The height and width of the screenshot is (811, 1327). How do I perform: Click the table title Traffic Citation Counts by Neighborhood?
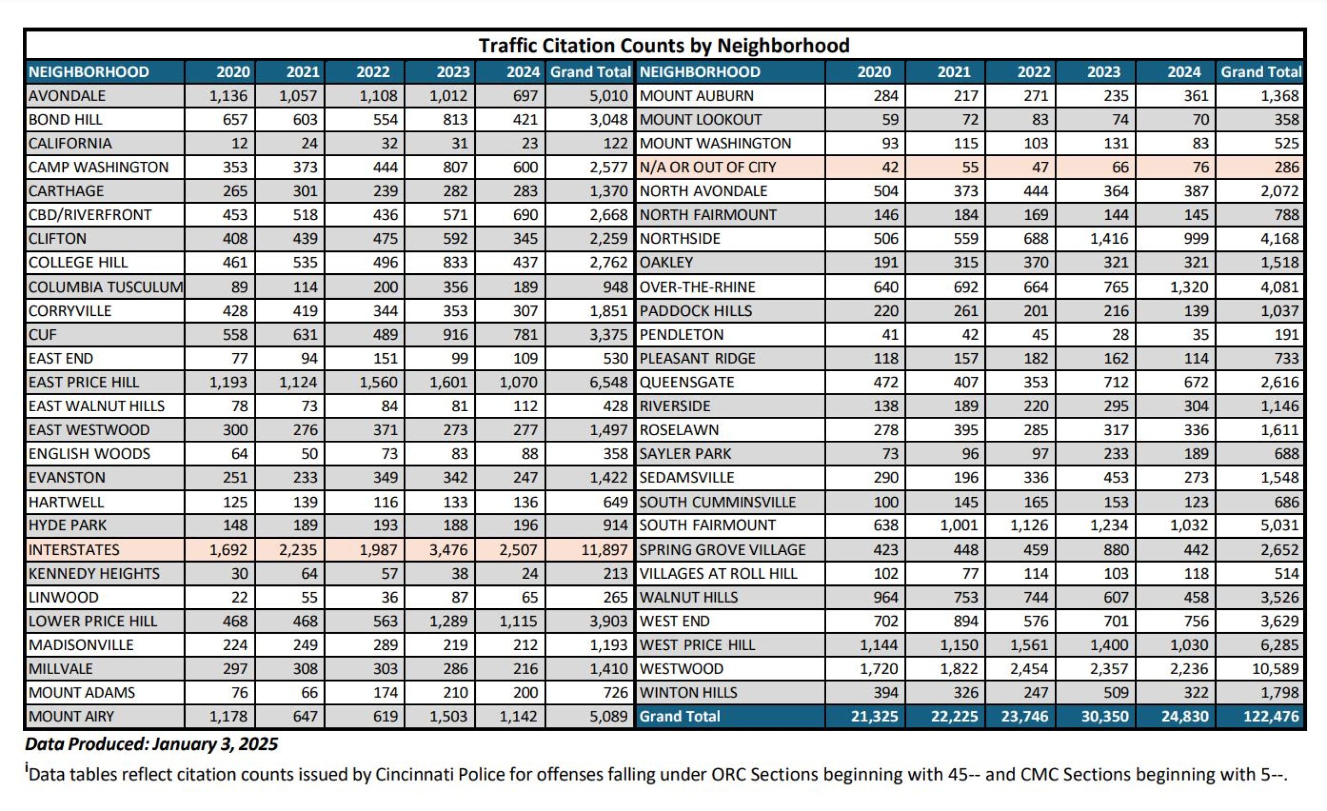(x=663, y=46)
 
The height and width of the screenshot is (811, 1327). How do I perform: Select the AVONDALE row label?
(x=68, y=96)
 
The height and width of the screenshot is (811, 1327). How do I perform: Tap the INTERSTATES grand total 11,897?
(x=604, y=550)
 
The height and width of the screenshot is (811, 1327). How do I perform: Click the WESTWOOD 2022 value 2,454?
(x=1028, y=669)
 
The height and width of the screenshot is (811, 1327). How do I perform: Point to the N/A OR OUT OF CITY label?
(x=707, y=167)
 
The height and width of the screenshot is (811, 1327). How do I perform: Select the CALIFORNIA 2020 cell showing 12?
(x=239, y=143)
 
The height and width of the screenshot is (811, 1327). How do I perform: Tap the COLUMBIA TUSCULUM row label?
(x=105, y=287)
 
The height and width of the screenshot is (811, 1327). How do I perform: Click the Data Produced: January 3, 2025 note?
(x=151, y=744)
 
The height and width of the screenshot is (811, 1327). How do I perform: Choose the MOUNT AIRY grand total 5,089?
(x=609, y=716)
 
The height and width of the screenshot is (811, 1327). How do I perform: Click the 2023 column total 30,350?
(x=1104, y=716)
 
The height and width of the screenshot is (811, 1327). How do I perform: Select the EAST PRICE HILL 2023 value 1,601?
(x=448, y=382)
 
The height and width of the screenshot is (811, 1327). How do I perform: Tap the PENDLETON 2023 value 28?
(x=1120, y=334)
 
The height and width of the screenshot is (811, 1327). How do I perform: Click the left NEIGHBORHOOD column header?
(x=89, y=72)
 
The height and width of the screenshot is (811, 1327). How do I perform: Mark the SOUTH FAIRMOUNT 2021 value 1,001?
(x=958, y=525)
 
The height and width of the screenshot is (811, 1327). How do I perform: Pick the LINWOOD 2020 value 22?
(x=239, y=597)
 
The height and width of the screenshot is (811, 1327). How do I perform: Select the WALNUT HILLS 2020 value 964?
(x=885, y=597)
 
